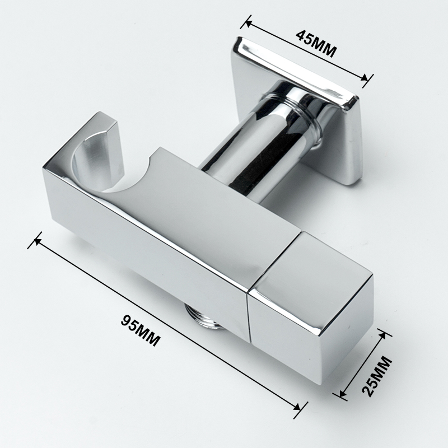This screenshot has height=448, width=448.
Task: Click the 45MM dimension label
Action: point(316,44)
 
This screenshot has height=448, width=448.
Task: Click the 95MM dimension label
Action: point(140,330)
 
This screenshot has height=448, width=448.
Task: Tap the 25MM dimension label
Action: point(377,376)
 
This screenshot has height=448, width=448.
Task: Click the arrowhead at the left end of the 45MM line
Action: point(248,23)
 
